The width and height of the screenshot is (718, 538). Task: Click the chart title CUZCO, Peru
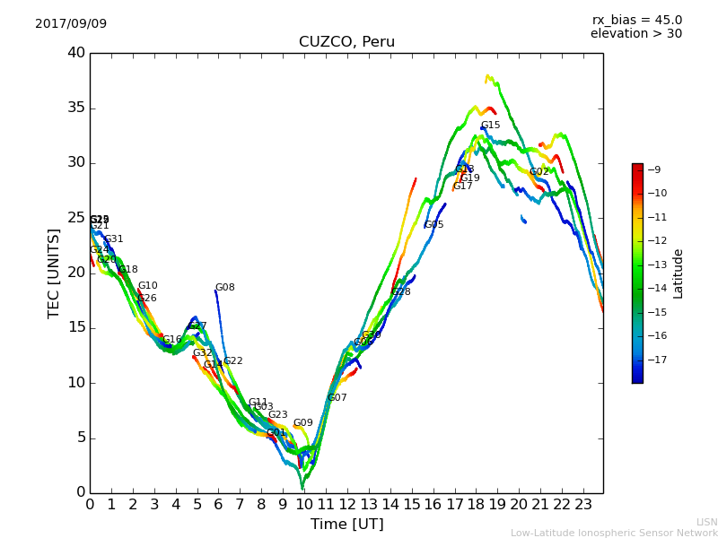tap(346, 42)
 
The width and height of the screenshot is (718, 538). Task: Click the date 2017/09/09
tap(71, 23)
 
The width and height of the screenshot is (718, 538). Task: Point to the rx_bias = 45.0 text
tap(636, 20)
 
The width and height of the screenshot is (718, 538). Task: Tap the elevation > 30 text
tap(635, 34)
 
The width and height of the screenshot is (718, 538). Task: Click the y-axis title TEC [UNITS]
tap(54, 273)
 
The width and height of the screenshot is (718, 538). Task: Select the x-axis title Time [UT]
tap(346, 524)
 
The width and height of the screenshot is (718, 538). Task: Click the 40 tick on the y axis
tap(76, 53)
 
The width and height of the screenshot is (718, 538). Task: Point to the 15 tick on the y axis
tap(76, 327)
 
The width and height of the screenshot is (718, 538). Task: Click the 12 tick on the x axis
tap(346, 504)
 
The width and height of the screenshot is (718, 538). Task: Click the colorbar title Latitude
tap(679, 273)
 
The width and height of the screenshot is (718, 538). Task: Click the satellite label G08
tap(224, 288)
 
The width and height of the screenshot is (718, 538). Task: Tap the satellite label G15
tap(490, 126)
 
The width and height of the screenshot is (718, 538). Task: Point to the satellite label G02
tap(538, 172)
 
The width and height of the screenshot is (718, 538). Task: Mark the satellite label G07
tap(337, 397)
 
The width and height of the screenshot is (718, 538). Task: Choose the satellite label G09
tap(302, 423)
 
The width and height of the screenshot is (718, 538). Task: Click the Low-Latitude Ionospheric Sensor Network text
tap(614, 533)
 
